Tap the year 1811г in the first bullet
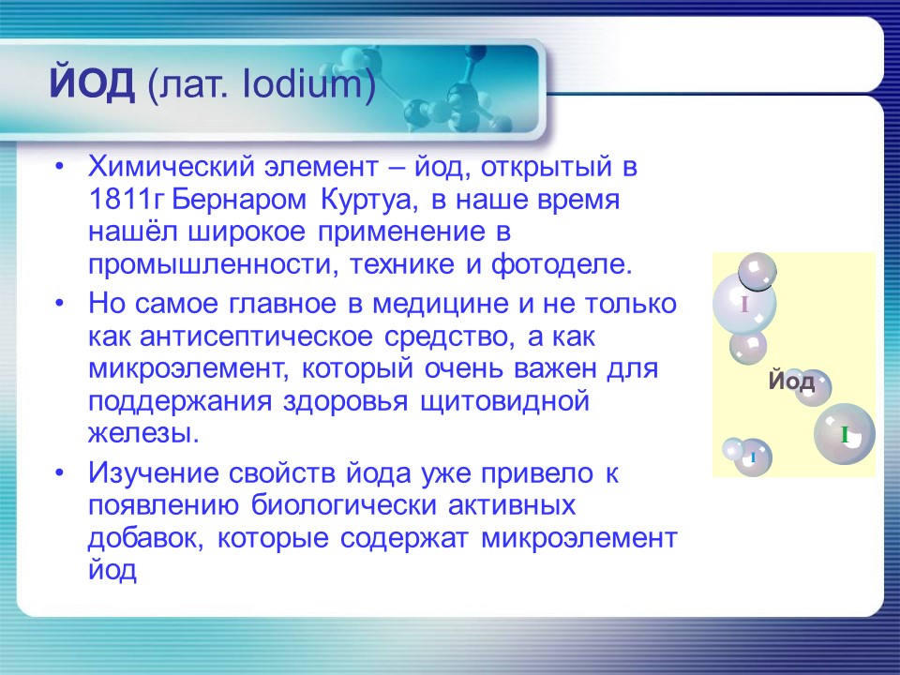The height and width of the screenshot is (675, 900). tap(127, 201)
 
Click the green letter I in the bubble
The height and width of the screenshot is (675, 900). tap(845, 434)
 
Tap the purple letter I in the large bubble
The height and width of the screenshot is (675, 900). tap(743, 304)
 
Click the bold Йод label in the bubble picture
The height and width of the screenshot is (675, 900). tap(790, 382)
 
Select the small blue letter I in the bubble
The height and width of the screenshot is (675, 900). tap(753, 457)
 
